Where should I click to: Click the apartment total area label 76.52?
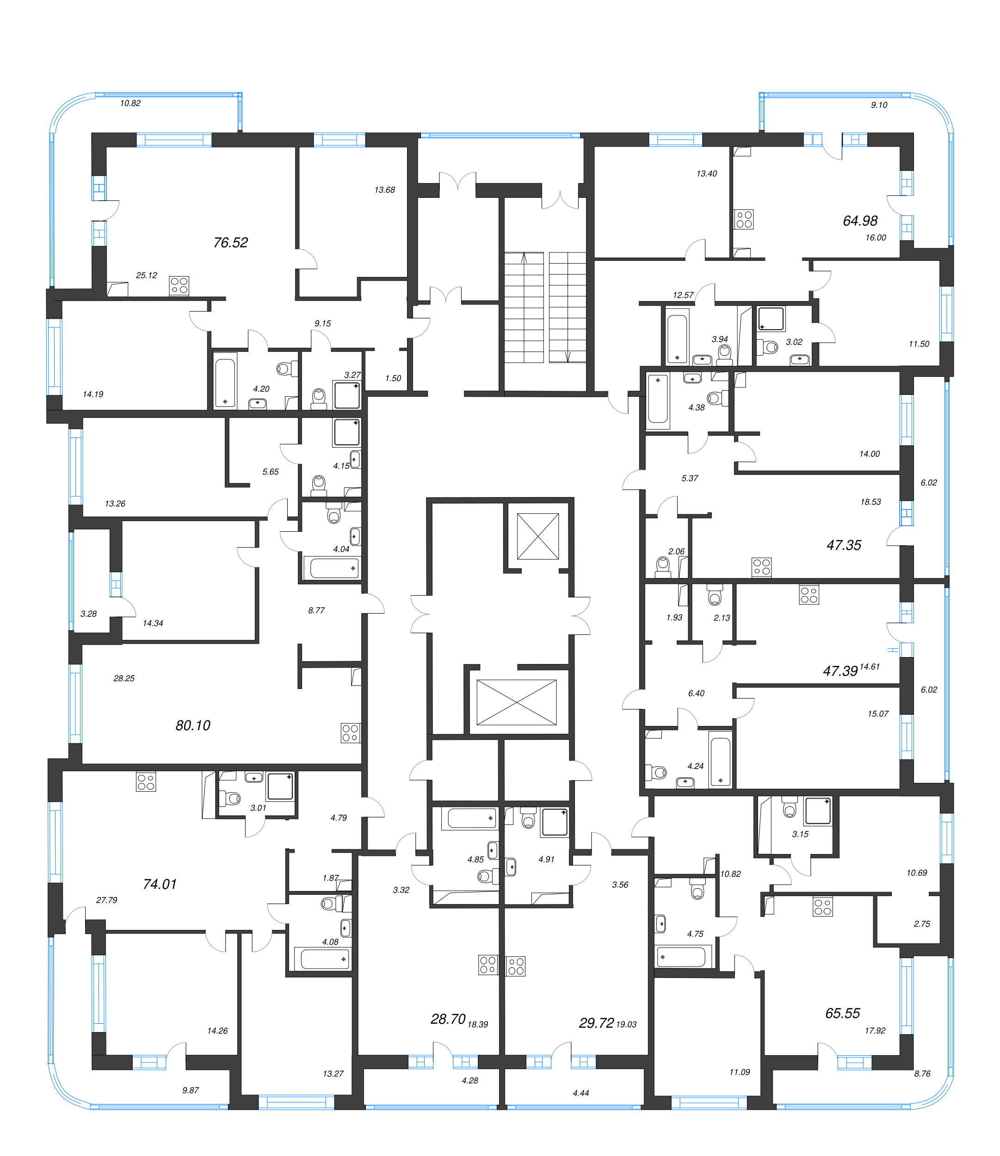point(230,242)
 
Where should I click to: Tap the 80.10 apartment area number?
point(193,726)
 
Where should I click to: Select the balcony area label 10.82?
point(130,103)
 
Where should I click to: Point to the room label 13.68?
point(384,190)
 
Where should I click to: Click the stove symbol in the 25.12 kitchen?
point(179,286)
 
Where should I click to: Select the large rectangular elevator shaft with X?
point(516,702)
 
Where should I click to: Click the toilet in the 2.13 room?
point(714,596)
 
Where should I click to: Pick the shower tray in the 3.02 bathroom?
point(771,319)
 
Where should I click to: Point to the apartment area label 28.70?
point(448,1019)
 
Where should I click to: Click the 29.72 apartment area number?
point(596,1023)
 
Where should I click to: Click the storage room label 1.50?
point(393,378)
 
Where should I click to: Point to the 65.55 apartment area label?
point(842,1013)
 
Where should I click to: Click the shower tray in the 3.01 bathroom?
point(280,786)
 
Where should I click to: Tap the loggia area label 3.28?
point(88,614)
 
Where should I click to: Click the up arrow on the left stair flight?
point(524,258)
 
